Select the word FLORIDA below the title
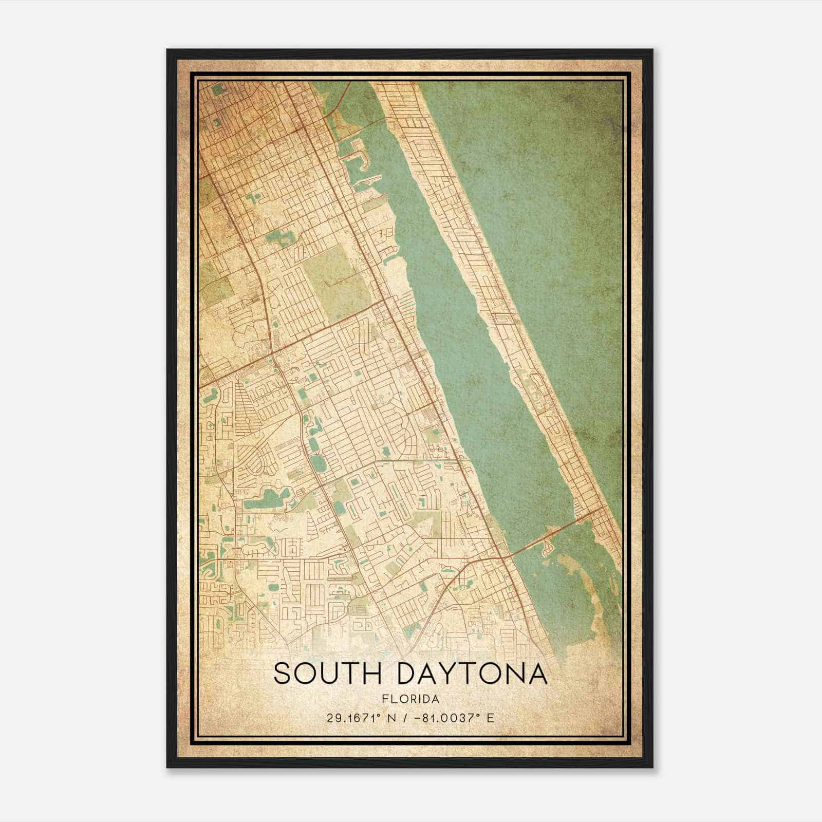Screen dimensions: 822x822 410,699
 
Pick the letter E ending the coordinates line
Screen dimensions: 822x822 491,718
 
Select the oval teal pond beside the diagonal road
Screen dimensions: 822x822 318,464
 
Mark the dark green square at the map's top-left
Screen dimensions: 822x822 219,89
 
